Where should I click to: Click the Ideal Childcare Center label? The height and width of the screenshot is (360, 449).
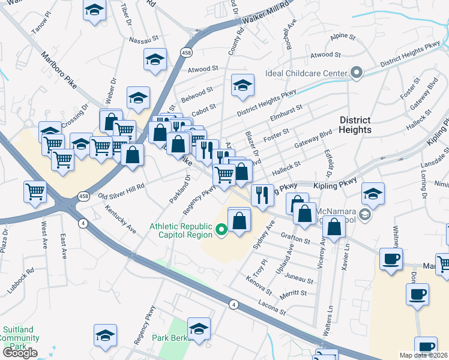(x=307, y=74)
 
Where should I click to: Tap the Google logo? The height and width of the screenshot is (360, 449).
(x=20, y=353)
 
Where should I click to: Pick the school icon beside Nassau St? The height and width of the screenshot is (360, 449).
(x=155, y=60)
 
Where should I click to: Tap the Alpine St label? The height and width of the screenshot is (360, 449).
(x=343, y=36)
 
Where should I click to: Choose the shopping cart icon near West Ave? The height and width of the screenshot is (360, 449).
(x=35, y=192)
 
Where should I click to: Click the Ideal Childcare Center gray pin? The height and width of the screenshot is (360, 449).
(x=357, y=74)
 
